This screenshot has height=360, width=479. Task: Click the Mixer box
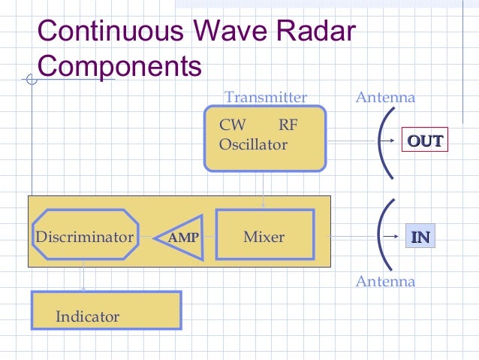(264, 237)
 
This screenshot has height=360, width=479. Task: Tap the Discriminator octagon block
(85, 237)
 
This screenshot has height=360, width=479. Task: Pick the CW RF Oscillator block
(264, 138)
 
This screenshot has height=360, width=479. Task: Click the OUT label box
(424, 141)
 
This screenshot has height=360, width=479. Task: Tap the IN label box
(420, 237)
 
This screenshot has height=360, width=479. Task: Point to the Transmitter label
(266, 98)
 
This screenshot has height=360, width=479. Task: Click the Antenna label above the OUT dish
(384, 98)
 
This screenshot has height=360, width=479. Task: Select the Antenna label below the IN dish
(384, 282)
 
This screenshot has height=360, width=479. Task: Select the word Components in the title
(119, 66)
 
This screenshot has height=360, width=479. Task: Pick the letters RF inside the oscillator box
(288, 125)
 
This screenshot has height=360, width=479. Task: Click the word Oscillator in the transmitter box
(252, 144)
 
